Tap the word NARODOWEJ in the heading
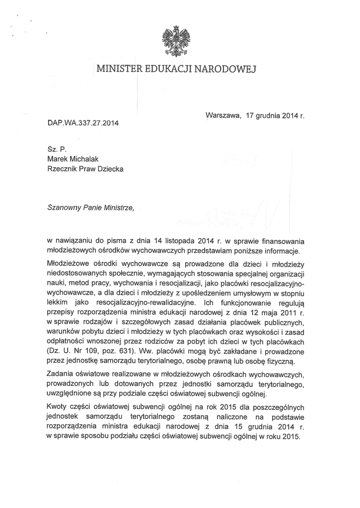[227, 69]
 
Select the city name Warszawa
[222, 116]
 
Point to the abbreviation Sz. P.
[53, 148]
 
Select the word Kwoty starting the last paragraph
[58, 406]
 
